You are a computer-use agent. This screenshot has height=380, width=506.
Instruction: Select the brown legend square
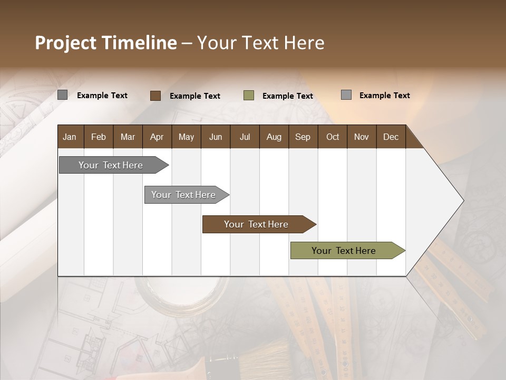[x=155, y=96]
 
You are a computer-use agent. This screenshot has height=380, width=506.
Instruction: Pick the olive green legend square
[x=249, y=96]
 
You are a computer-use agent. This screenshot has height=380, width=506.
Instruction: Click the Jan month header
[x=70, y=137]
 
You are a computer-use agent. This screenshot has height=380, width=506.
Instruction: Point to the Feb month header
[x=99, y=137]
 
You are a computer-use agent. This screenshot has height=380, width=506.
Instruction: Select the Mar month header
[x=128, y=137]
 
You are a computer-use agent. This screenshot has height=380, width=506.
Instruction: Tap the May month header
[x=186, y=137]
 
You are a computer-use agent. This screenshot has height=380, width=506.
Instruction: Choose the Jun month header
[x=216, y=137]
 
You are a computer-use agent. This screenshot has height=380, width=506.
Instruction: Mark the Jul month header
[x=245, y=137]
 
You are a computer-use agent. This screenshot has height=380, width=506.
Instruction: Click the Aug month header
[x=274, y=137]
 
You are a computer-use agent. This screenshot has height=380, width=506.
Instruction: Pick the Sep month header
[x=303, y=137]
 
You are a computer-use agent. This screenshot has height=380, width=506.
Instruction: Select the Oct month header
[x=333, y=137]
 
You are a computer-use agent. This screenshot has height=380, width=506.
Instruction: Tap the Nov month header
[x=362, y=137]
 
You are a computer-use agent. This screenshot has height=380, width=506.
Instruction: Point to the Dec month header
[x=391, y=137]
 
